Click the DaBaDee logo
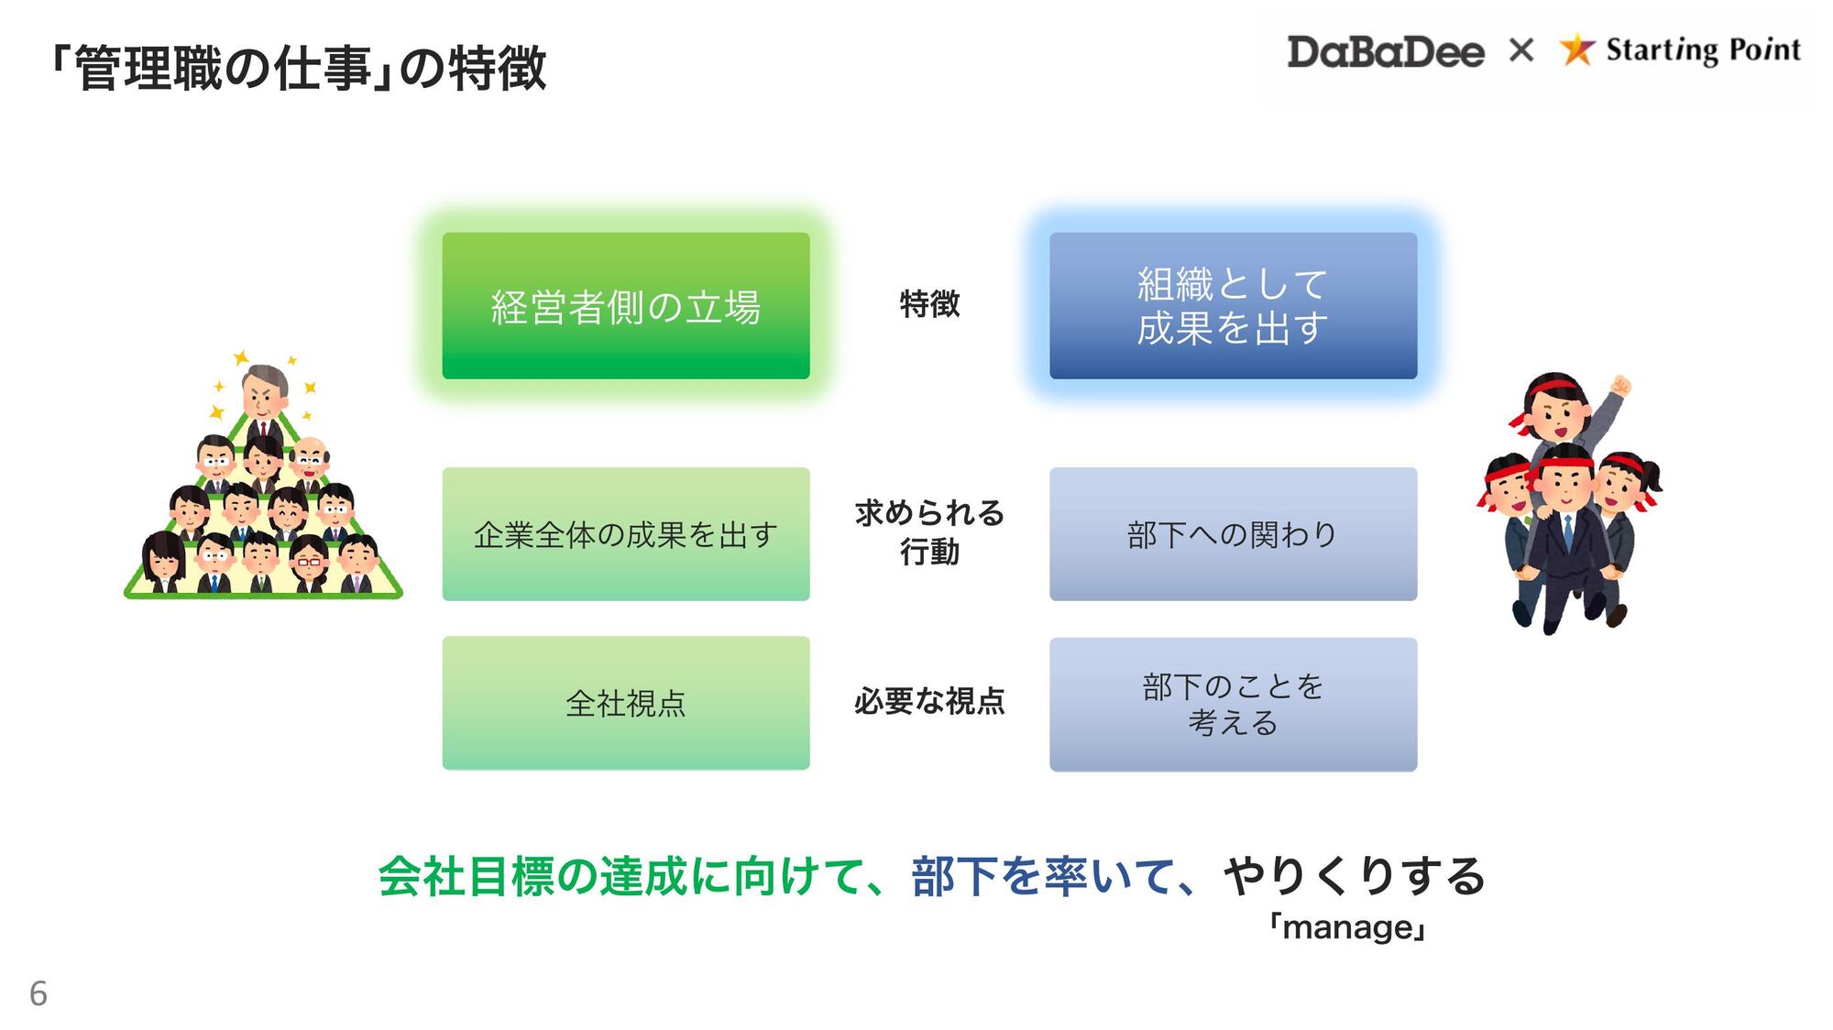(1385, 51)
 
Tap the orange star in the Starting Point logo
(1576, 49)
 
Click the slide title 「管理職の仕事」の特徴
(299, 68)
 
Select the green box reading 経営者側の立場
(626, 306)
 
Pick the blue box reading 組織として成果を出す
(1233, 306)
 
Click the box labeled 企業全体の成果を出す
(626, 534)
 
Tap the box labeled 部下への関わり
(1233, 534)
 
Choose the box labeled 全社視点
(626, 703)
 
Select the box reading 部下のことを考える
(1233, 705)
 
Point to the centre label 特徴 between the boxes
(929, 303)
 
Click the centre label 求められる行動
(929, 532)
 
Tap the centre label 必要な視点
(929, 701)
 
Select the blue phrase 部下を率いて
(1043, 876)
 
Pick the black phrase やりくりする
(1354, 876)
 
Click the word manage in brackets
(1347, 927)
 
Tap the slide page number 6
(38, 993)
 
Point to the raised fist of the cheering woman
(1620, 385)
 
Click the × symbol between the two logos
(1521, 49)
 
